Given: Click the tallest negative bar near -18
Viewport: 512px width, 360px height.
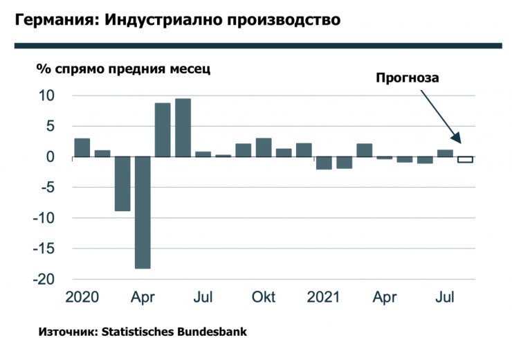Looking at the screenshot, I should click(x=143, y=213).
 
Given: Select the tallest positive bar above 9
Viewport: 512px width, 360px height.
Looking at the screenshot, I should click(x=183, y=128).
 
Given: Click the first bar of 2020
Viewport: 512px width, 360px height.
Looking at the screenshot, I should click(x=82, y=147).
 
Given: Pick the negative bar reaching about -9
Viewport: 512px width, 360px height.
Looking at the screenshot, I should click(x=122, y=183).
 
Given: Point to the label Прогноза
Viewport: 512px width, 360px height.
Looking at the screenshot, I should click(x=408, y=78).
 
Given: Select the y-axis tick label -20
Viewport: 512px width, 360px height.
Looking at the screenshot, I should click(x=42, y=279).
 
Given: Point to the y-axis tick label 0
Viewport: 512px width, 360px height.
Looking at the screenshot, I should click(x=50, y=157).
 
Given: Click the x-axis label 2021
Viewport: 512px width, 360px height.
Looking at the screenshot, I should click(x=323, y=298).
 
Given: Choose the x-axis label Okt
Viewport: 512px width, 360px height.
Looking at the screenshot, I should click(x=264, y=298).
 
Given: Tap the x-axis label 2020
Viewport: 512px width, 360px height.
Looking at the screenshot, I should click(x=82, y=298).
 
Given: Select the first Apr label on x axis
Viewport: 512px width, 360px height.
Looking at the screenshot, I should click(x=143, y=298).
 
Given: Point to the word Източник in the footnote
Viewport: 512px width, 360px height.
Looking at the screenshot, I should click(x=67, y=332).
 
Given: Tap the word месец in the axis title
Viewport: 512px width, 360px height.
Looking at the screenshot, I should click(x=185, y=69).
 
